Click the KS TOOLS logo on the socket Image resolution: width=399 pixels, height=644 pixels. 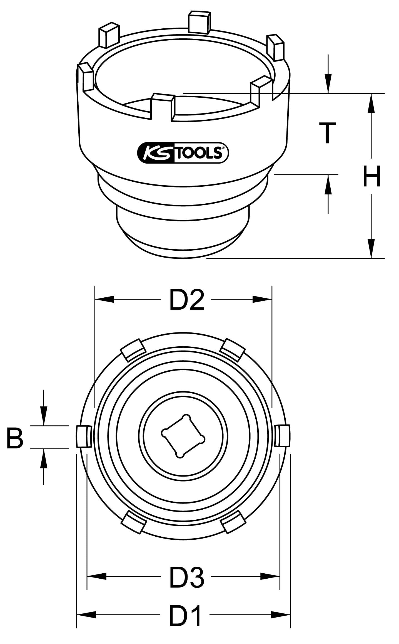click(183, 152)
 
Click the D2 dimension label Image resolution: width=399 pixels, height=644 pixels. click(187, 300)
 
